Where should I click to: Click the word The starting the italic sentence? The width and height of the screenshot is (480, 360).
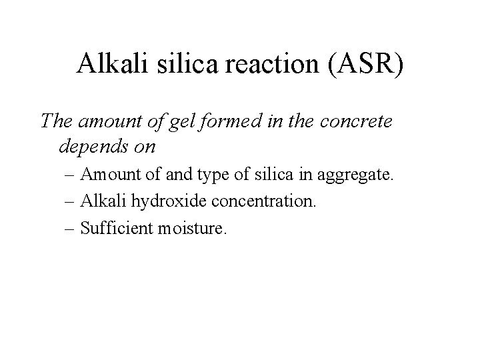(57, 121)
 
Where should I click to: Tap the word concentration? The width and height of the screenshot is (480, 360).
(260, 202)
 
